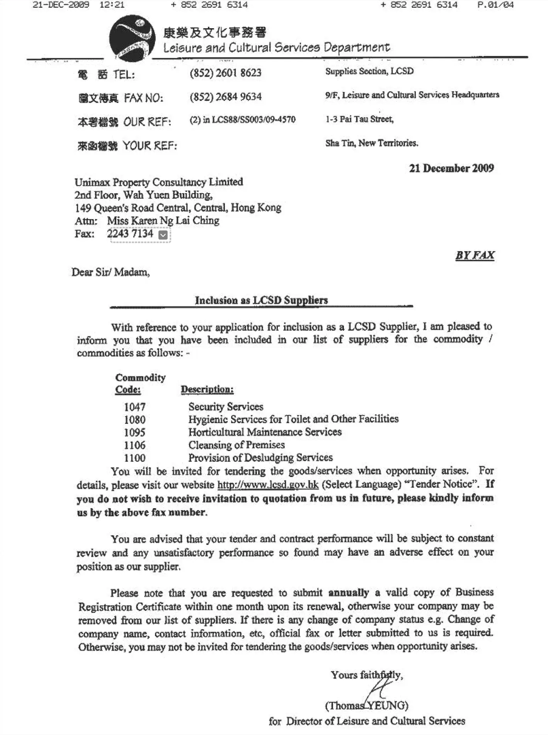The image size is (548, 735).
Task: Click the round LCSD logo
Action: pos(132,38)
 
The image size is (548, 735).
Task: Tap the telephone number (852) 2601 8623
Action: pos(225,73)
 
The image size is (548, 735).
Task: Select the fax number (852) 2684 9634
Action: pos(225,97)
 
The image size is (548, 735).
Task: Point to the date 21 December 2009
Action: pos(451,168)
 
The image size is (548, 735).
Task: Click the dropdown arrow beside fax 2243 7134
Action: pos(163,235)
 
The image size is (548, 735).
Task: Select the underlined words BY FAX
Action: pos(475,255)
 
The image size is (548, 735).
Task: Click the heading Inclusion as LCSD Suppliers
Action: pos(261,300)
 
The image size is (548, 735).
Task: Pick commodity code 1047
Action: pos(134,407)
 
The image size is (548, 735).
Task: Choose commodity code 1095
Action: pos(134,432)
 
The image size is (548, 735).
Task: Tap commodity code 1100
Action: pos(134,458)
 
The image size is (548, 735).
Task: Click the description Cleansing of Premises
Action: pos(237,445)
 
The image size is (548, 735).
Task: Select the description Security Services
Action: pos(226,407)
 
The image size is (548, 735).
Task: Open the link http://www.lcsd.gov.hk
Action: pos(268,485)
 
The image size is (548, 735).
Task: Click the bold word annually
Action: pos(349,592)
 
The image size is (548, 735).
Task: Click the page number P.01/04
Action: pos(495,5)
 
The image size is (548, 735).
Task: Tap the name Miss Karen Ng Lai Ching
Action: pos(163,221)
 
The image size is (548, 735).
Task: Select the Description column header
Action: pos(207,389)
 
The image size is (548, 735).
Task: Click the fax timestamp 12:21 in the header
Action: pos(112,5)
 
